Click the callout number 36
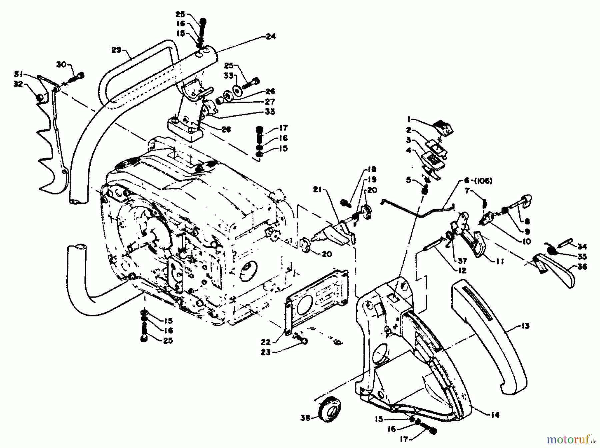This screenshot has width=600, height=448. pos(582,267)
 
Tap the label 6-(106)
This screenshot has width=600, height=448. pos(480,181)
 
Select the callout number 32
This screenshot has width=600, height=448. pos(18,84)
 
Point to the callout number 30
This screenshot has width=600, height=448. pos(62,64)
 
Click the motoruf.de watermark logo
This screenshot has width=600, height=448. pos(571,440)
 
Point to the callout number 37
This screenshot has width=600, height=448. pos(462,261)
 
